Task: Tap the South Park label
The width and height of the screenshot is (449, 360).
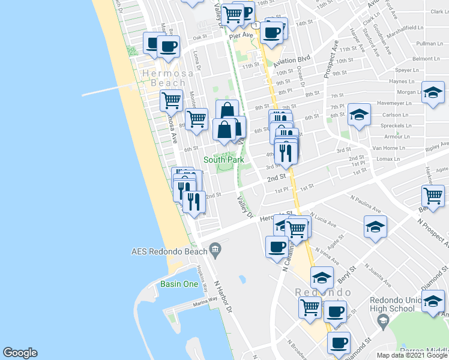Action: pyautogui.click(x=223, y=160)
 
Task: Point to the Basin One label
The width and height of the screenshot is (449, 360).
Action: pyautogui.click(x=179, y=284)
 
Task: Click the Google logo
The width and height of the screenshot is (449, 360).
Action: pyautogui.click(x=20, y=353)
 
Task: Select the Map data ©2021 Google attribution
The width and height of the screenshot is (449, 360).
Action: pyautogui.click(x=412, y=355)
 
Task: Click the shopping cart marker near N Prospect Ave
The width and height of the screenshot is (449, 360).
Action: pyautogui.click(x=433, y=196)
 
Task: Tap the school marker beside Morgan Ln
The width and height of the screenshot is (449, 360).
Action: pyautogui.click(x=432, y=93)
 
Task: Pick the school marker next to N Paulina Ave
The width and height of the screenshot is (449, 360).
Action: pyautogui.click(x=375, y=227)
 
